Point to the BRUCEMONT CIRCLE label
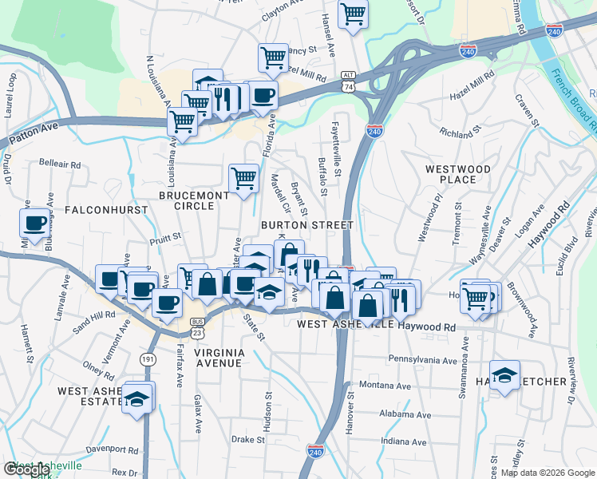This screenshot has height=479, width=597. coord(187,200)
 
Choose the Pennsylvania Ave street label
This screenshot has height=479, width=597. coord(422,360)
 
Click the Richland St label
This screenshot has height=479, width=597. coord(461,129)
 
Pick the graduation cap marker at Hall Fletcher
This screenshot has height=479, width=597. coord(505,375)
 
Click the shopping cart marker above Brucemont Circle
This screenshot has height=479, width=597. coord(243,178)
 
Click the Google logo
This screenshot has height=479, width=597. coord(26,469)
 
